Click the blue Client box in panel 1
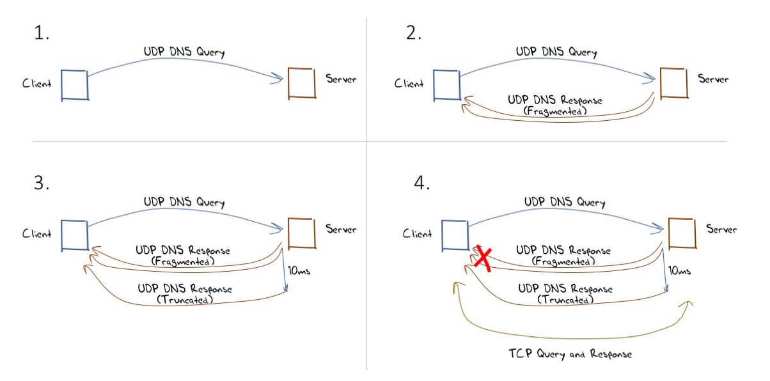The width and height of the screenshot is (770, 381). click(75, 85)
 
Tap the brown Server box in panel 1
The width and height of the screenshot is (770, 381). click(302, 82)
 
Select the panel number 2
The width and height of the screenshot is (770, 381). click(414, 34)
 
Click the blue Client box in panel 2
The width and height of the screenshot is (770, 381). click(447, 84)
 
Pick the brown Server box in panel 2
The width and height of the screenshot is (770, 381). click(673, 82)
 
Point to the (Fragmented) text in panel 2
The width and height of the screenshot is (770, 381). click(554, 111)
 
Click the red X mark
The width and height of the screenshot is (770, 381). click(483, 258)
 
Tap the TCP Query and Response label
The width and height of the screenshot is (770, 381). click(570, 354)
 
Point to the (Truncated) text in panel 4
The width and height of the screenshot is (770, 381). click(565, 299)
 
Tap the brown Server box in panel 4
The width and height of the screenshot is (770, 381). click(681, 233)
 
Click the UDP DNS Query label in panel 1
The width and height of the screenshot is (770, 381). click(185, 52)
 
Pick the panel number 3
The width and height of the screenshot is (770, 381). click(42, 183)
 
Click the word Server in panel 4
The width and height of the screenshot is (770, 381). click(721, 229)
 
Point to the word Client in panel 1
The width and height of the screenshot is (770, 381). click(36, 84)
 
